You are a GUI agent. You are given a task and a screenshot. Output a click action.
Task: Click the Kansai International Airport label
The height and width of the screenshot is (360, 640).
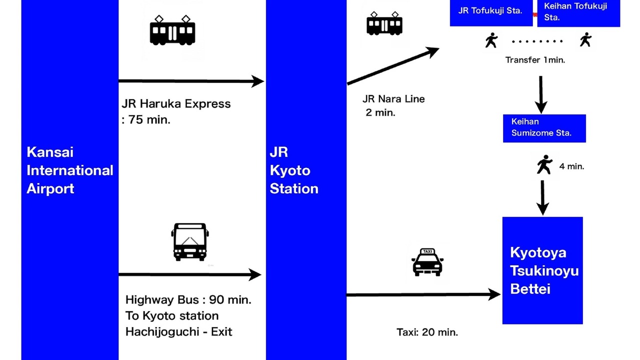tap(69, 170)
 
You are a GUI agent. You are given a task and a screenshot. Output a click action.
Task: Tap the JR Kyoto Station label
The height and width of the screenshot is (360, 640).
tap(294, 170)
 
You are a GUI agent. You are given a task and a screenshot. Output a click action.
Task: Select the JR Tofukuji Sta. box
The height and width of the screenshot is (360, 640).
tap(490, 11)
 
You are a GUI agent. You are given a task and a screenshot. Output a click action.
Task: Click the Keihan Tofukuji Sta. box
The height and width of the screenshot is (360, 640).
tap(578, 12)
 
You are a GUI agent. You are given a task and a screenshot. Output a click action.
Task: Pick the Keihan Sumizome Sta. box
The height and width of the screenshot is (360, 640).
tap(544, 128)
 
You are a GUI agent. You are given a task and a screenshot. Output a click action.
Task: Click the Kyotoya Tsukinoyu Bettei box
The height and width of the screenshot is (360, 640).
tap(542, 270)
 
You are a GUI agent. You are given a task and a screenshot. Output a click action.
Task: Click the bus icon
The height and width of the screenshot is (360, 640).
tap(190, 242)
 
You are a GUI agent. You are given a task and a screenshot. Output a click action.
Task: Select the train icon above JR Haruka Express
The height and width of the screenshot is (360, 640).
tap(172, 30)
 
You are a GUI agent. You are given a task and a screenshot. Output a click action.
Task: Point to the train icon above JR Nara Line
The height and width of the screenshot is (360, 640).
tap(384, 23)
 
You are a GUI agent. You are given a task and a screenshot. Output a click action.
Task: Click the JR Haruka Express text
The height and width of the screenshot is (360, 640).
tap(176, 104)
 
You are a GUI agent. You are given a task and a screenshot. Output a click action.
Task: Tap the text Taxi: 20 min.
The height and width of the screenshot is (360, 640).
tap(427, 332)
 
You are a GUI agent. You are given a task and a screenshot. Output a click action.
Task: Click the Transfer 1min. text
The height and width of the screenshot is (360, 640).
tap(535, 60)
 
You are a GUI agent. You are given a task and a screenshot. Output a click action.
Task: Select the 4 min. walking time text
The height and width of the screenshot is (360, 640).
tap(571, 166)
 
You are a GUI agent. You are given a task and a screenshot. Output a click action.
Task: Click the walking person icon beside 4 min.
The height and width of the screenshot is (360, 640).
tap(544, 164)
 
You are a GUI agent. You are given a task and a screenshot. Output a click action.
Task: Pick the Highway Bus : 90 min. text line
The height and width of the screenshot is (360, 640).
tap(188, 300)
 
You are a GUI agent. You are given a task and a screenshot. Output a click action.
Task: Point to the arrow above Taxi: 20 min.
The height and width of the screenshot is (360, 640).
tap(423, 295)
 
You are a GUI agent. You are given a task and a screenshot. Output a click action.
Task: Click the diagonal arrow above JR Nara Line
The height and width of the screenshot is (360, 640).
tap(393, 66)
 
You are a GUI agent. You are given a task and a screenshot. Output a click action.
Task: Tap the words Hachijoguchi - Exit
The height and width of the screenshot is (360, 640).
tap(178, 331)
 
